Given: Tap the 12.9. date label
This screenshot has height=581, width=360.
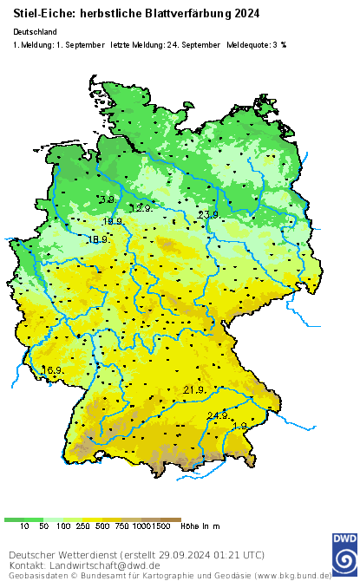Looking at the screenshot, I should click(x=141, y=209).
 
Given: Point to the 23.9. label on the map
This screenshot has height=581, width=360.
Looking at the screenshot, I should click(x=208, y=214).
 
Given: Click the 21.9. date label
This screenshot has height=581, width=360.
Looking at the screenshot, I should click(x=193, y=390).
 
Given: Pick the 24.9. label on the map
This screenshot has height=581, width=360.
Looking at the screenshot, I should click(x=218, y=415).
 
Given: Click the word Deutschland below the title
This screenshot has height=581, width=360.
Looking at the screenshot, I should click(x=36, y=31).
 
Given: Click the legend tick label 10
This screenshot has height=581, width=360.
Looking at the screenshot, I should click(x=24, y=526).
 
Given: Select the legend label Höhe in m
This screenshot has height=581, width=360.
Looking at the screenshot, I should click(x=200, y=526).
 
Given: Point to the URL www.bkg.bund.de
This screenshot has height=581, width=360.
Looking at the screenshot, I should click(x=292, y=575).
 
